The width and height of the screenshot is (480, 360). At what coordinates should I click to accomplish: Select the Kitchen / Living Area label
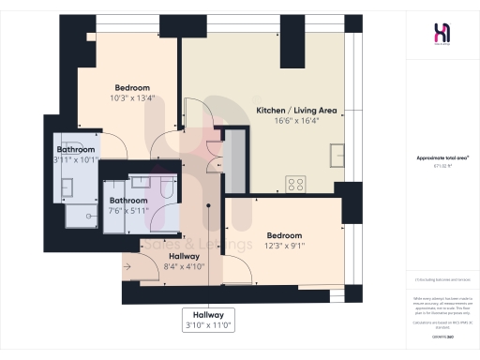point(291,110)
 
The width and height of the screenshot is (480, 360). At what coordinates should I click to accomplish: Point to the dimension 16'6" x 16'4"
point(291,121)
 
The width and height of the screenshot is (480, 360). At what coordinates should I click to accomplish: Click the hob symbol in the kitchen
point(297,184)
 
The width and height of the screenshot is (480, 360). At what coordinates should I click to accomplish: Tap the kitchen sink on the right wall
point(336,154)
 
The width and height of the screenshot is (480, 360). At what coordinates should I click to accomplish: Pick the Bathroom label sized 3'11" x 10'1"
point(75,149)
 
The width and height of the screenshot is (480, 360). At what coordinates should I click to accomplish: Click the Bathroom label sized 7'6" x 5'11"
point(128,200)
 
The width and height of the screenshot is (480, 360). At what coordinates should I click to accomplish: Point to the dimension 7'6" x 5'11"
point(128,211)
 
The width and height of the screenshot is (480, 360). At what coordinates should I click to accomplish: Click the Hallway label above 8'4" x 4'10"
point(184,256)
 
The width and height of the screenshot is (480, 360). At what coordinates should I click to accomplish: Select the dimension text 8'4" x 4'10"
point(184,267)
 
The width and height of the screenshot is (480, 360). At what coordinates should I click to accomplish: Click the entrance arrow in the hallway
point(128,266)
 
